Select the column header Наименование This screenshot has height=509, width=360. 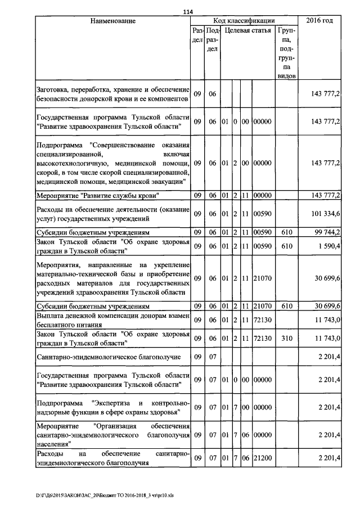coord(113,21)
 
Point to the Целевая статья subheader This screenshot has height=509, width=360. coord(247,30)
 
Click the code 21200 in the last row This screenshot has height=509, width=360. coord(263,459)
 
